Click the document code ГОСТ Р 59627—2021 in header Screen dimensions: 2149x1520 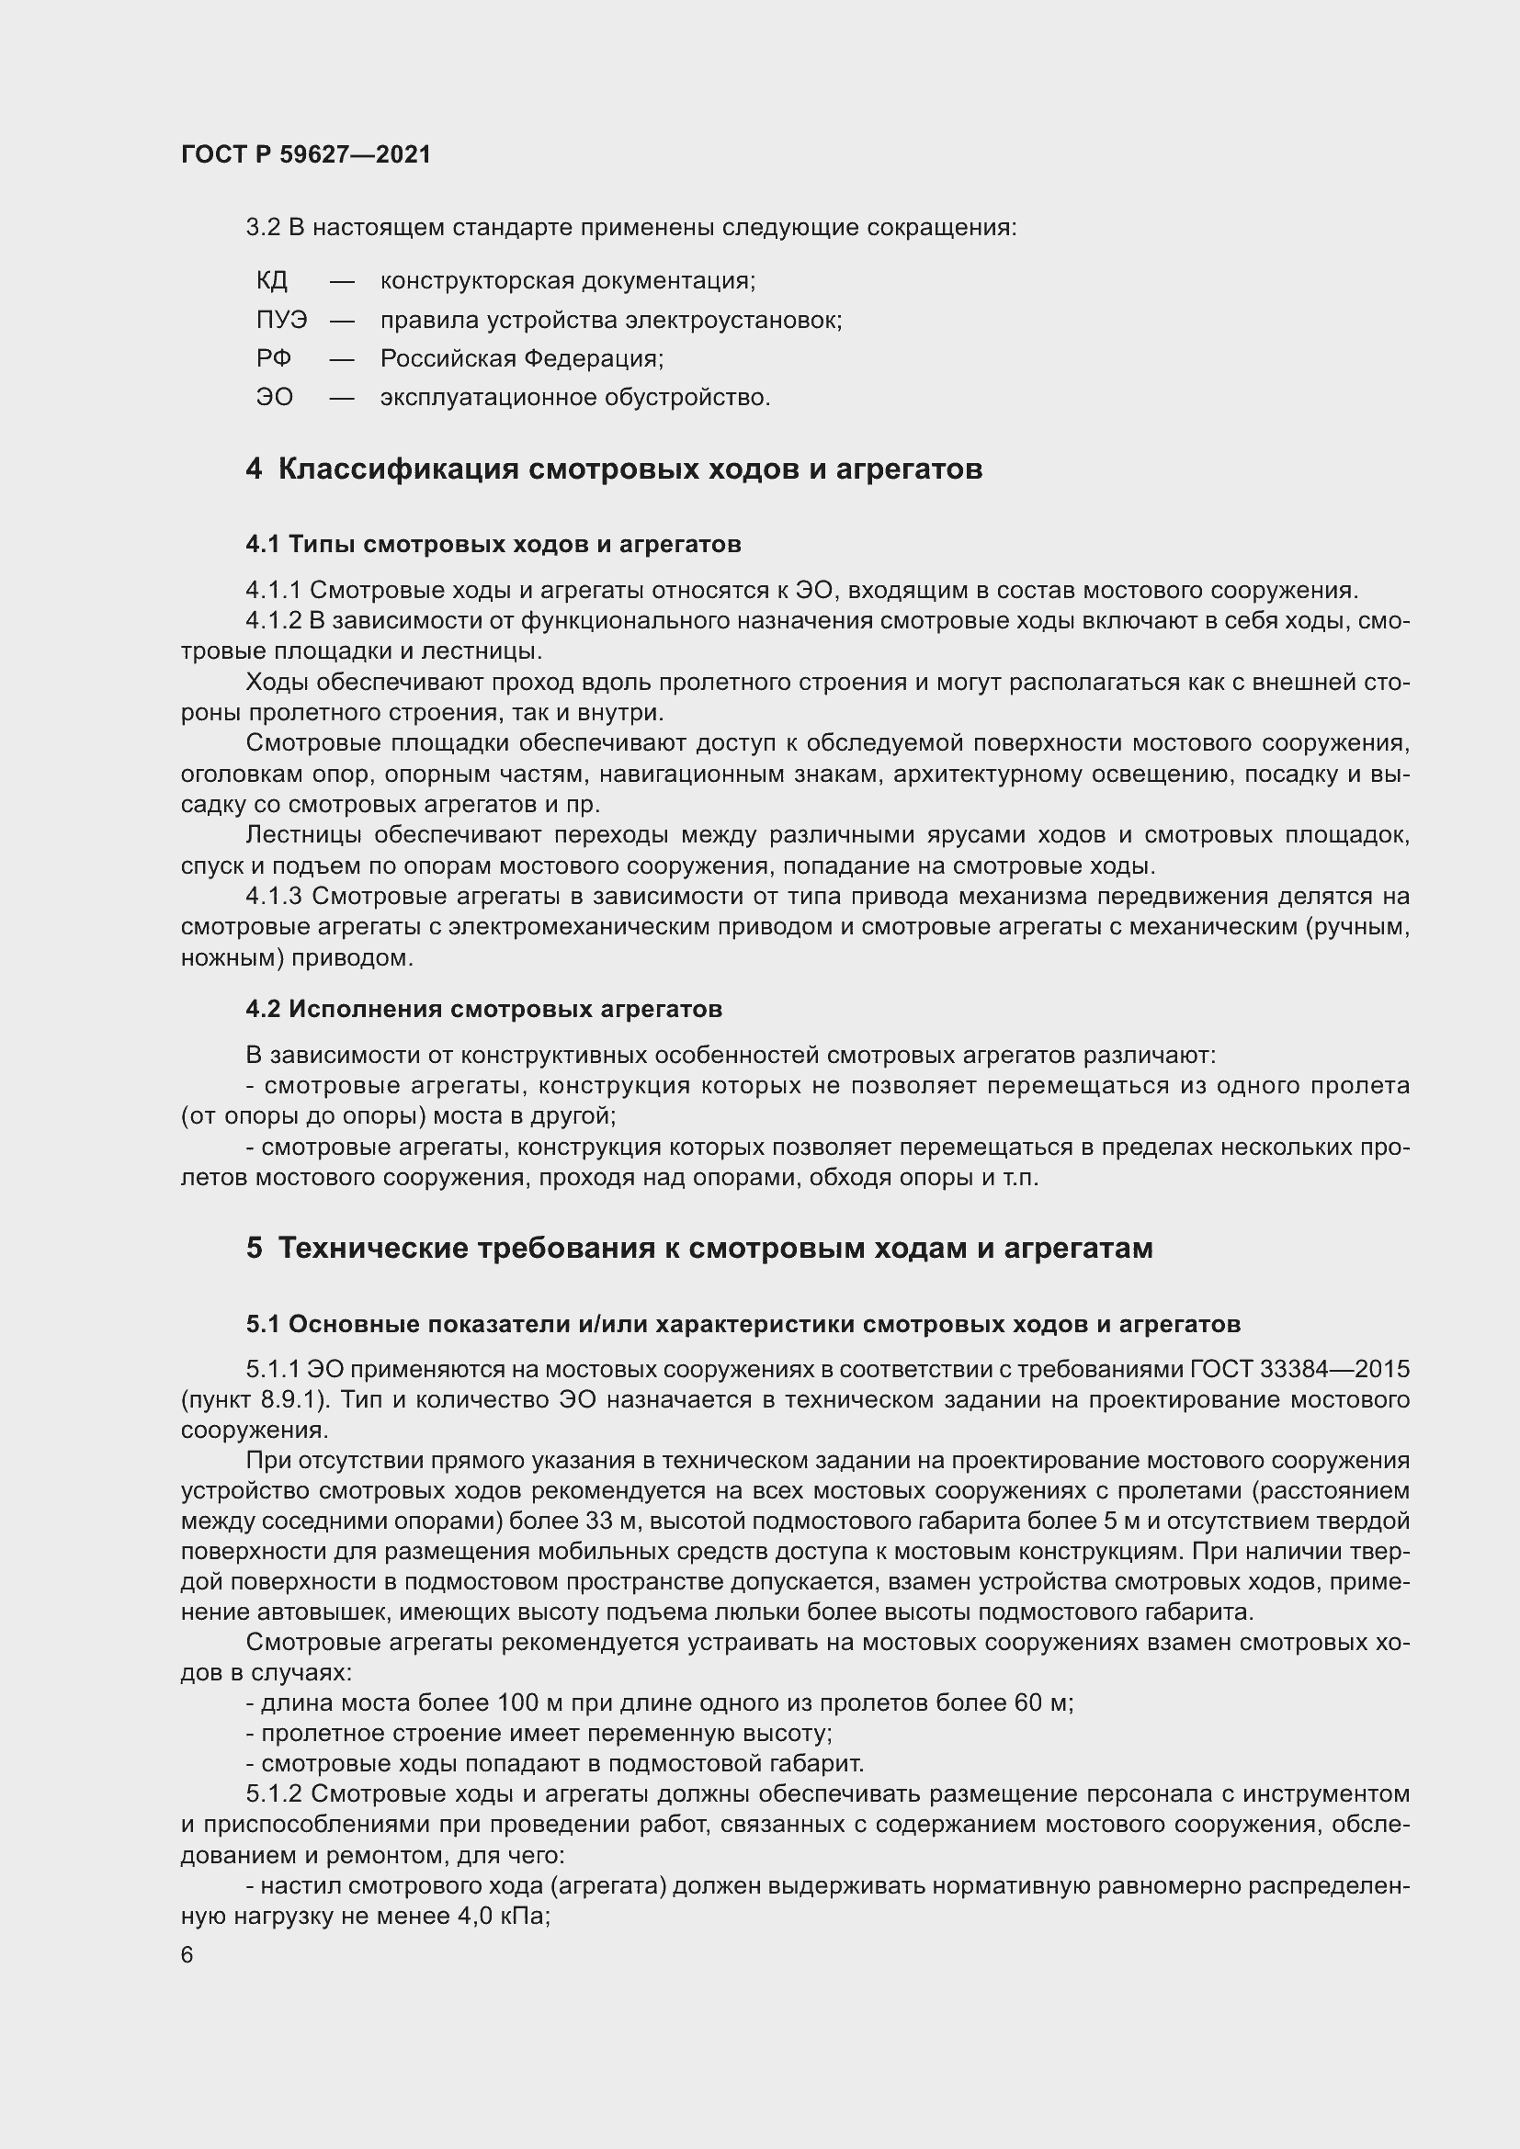(x=306, y=154)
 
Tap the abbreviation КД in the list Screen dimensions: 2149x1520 (x=271, y=281)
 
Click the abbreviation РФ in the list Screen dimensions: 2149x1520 (x=273, y=358)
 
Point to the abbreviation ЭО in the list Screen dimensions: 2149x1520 (x=274, y=398)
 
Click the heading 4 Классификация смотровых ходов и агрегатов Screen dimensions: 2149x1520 (x=614, y=469)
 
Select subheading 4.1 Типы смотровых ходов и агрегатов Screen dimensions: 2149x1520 (x=493, y=544)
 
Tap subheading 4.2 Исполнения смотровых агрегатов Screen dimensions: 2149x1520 (x=484, y=1009)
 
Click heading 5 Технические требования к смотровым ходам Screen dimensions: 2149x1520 (x=699, y=1249)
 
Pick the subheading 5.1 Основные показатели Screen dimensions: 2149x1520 (x=743, y=1325)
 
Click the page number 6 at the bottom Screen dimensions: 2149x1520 (x=187, y=1955)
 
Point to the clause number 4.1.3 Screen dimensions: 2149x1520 (x=273, y=897)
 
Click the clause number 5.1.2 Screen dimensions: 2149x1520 (x=273, y=1794)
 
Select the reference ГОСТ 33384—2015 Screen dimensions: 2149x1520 (x=1300, y=1369)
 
